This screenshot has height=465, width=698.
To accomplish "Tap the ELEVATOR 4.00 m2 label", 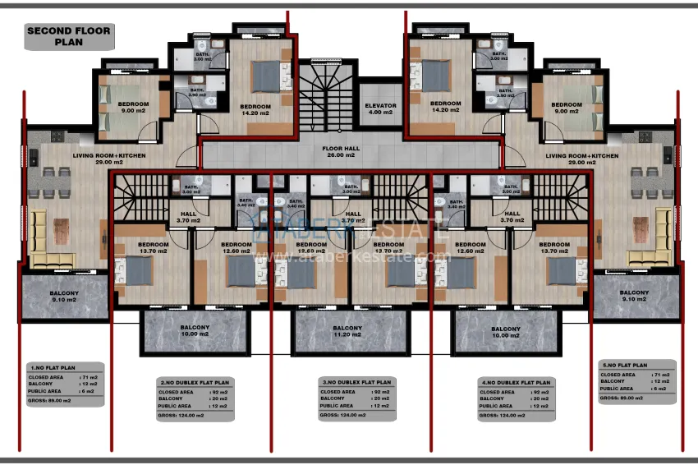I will [x=380, y=109].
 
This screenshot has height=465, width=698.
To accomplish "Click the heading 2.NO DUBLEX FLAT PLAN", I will [x=195, y=382].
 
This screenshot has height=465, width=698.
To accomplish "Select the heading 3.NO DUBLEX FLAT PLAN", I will [x=356, y=382].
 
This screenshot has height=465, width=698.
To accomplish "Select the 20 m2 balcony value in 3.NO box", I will [x=380, y=398].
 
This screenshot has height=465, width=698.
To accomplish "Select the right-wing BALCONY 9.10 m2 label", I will [x=635, y=296].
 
